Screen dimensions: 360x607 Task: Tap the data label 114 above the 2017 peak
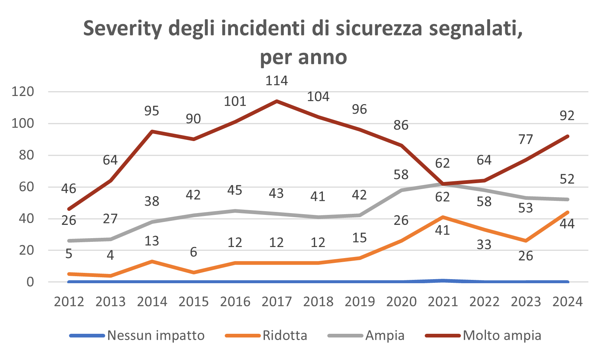(277, 80)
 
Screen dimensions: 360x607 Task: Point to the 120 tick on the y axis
(23, 92)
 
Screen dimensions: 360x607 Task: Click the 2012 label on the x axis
(69, 302)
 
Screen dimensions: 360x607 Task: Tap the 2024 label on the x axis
(568, 302)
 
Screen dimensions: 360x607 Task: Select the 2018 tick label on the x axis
(318, 302)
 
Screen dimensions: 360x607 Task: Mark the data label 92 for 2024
(567, 116)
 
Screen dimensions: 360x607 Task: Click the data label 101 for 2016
(235, 101)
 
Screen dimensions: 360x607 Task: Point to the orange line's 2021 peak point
(442, 217)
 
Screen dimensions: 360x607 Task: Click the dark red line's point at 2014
(152, 131)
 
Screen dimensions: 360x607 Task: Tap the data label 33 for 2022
(484, 244)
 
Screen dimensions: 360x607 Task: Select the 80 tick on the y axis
(26, 155)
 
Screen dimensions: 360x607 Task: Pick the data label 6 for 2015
(193, 252)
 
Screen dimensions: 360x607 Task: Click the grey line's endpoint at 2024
(568, 199)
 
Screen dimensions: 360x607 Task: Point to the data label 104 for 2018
(318, 97)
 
